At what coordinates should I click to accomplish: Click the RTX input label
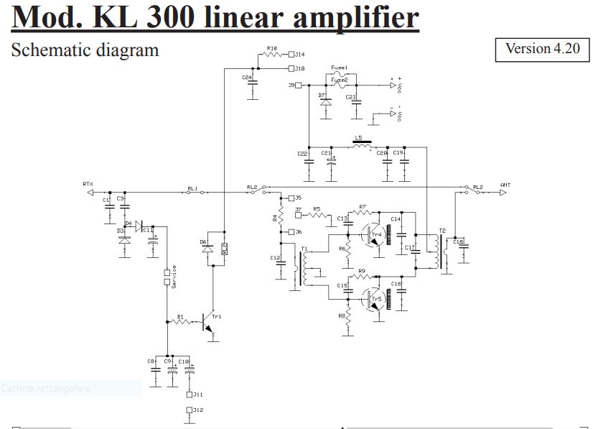point(88,184)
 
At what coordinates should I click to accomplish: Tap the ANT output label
point(505,185)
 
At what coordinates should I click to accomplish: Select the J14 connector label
point(299,54)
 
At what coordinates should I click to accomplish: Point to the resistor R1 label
point(180,316)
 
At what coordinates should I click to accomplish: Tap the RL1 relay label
point(192,188)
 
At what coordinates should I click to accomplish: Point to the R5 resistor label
point(316,209)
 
